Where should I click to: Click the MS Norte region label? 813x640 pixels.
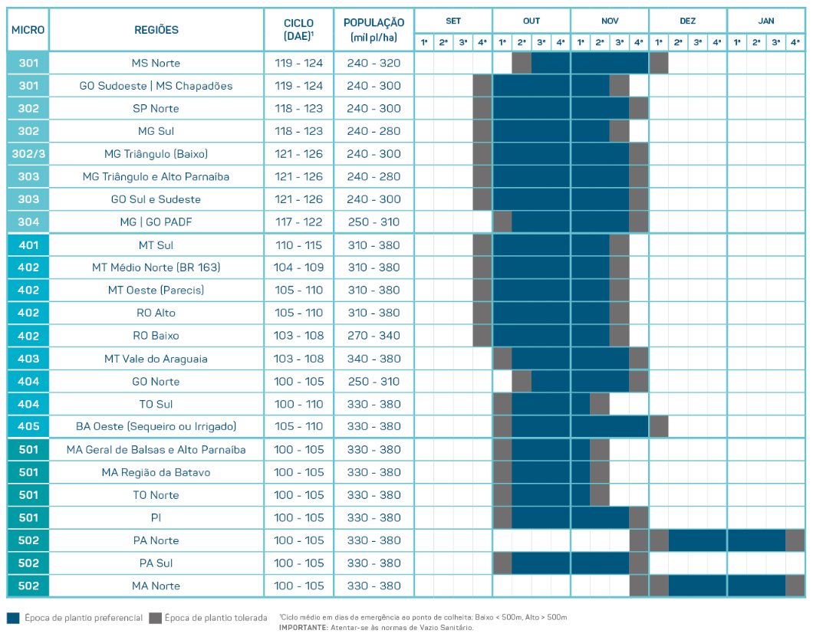click(x=156, y=63)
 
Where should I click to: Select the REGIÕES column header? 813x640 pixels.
click(x=156, y=30)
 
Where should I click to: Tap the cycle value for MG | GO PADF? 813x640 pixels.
click(x=298, y=222)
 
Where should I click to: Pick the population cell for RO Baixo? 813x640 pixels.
click(x=374, y=336)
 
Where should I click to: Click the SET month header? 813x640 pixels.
click(x=453, y=21)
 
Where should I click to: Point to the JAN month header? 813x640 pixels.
click(x=765, y=21)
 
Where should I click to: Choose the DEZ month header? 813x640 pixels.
click(x=687, y=21)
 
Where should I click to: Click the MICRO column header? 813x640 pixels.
click(x=28, y=30)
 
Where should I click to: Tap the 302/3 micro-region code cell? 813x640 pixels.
click(x=28, y=154)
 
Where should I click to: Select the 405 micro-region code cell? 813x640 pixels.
click(x=28, y=426)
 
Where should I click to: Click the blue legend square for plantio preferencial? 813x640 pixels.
click(x=12, y=618)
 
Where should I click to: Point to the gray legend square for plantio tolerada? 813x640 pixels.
click(x=155, y=618)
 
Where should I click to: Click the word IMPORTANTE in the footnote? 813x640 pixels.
click(x=304, y=628)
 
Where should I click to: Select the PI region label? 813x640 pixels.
click(x=156, y=517)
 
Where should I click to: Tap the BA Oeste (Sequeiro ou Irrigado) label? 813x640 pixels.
click(x=156, y=426)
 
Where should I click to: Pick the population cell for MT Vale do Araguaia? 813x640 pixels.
click(x=374, y=359)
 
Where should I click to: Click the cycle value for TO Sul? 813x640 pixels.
click(x=298, y=404)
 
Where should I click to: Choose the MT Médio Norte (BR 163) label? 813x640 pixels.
click(x=156, y=267)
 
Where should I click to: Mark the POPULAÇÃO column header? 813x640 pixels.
click(x=374, y=30)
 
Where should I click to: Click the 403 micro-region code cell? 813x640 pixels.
click(x=28, y=359)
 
